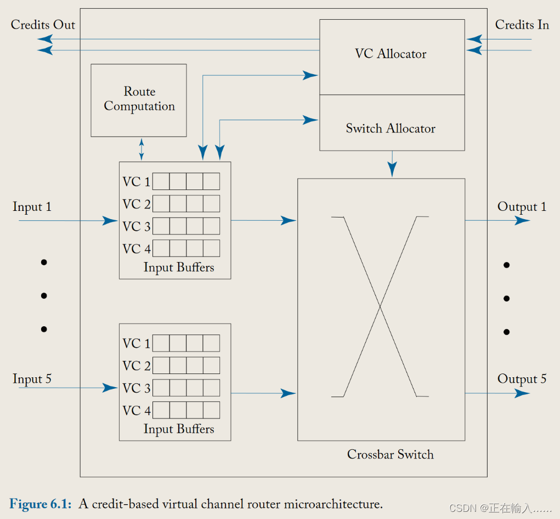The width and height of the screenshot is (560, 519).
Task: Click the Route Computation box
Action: [x=139, y=100]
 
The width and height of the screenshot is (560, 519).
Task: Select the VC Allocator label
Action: [x=391, y=54]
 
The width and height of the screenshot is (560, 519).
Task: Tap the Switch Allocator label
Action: [x=391, y=129]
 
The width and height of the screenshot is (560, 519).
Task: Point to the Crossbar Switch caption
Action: [x=391, y=455]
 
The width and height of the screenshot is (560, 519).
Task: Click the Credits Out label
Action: [x=43, y=25]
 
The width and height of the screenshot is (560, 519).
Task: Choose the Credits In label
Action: [x=522, y=25]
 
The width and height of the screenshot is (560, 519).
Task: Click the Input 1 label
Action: [x=32, y=207]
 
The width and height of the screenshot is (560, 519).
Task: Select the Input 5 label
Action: [x=32, y=380]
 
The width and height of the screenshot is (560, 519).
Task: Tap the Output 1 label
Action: [x=522, y=207]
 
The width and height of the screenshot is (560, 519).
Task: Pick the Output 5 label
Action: [x=522, y=380]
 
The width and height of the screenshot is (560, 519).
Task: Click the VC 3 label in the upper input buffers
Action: [x=137, y=227]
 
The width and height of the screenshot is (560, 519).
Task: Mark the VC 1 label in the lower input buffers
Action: [x=137, y=344]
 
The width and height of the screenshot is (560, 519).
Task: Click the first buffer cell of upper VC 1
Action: [x=161, y=182]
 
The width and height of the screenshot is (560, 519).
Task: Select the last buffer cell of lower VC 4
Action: [x=211, y=410]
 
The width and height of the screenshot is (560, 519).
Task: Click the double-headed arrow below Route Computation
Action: [x=142, y=149]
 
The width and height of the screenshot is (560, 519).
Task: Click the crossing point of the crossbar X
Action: [x=380, y=306]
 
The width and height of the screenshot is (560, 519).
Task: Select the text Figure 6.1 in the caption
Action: [x=40, y=504]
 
